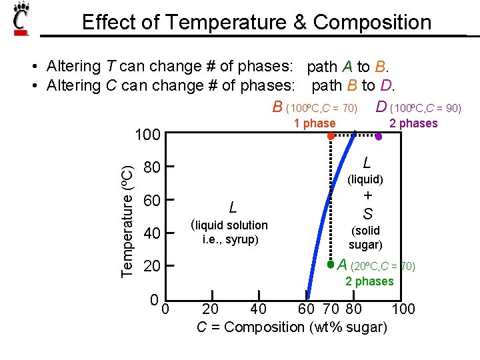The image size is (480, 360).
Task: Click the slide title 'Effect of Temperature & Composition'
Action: (x=257, y=22)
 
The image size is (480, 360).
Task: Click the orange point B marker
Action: (x=330, y=135)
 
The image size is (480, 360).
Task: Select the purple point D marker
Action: (x=378, y=136)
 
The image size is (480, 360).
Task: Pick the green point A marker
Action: (x=330, y=265)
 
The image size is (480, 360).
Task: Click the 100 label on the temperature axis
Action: (x=147, y=135)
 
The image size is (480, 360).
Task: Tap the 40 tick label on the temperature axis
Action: (x=152, y=233)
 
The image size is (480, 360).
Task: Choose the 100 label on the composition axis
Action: (x=403, y=309)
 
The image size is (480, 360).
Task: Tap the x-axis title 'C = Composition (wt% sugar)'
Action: (x=293, y=327)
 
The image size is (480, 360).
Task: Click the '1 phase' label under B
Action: (x=315, y=123)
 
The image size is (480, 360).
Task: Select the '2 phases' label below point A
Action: (x=369, y=281)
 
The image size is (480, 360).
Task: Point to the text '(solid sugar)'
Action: (x=365, y=238)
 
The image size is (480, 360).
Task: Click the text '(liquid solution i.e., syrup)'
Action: (x=229, y=232)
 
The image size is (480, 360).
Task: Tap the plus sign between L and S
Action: (x=367, y=196)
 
